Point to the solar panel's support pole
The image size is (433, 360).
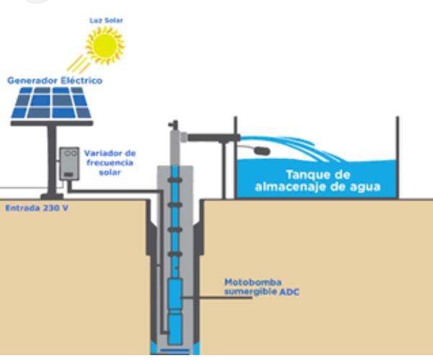(53, 163)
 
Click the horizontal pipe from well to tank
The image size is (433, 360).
(209, 134)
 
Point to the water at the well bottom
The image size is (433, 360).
(175, 350)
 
